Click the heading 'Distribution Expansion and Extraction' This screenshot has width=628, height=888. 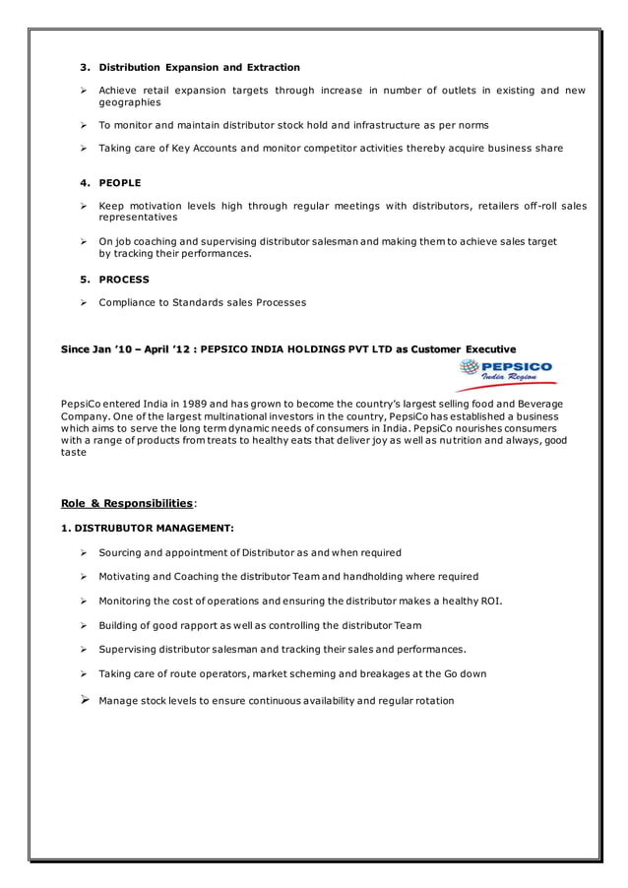click(199, 67)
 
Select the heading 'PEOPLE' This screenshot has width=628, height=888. click(119, 183)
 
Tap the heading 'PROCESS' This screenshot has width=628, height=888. click(123, 280)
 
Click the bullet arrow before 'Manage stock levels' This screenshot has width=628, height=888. click(86, 700)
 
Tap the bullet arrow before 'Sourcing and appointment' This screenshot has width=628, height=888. click(86, 552)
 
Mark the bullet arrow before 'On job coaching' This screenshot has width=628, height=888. click(86, 241)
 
